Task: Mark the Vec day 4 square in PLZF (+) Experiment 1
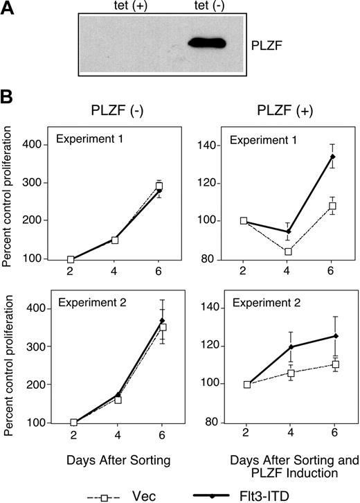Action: [268, 251]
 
